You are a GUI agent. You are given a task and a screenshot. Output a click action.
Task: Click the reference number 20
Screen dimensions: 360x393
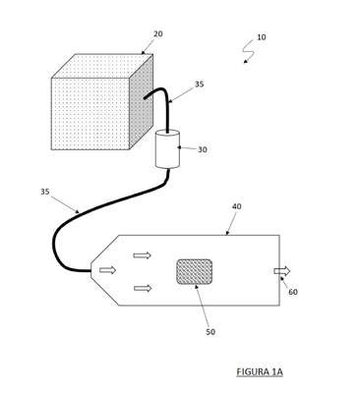[x=158, y=33]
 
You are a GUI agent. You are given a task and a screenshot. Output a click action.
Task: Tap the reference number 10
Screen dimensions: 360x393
[x=261, y=37]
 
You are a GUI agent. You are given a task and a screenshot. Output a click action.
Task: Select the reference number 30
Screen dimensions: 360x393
[x=203, y=149]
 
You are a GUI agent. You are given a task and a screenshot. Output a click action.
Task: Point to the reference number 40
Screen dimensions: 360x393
[x=237, y=206]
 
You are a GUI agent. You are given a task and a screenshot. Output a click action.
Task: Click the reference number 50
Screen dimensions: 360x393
[x=210, y=332]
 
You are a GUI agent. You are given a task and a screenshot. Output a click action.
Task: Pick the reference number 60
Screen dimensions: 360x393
[x=293, y=292]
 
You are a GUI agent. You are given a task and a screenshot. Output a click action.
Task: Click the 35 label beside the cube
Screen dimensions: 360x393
[x=199, y=84]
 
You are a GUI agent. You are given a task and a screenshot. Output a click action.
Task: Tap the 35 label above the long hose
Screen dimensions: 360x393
[x=45, y=192]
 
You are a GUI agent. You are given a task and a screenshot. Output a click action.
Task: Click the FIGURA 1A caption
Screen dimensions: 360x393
[x=260, y=372]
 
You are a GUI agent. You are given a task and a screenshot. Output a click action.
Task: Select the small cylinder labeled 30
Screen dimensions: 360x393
[x=167, y=149]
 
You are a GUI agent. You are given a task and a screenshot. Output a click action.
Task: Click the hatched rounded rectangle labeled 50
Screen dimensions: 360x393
[x=194, y=271]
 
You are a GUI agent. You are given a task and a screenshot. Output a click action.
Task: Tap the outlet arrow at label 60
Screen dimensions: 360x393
[x=282, y=271]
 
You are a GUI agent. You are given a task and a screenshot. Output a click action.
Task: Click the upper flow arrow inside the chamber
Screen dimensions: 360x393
[x=143, y=255]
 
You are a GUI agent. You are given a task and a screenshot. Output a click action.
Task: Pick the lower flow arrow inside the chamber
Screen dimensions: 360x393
[x=143, y=288]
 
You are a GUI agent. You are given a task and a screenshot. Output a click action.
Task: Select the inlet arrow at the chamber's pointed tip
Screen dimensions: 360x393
[x=108, y=270]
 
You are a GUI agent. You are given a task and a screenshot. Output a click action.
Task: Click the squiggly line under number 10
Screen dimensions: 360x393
[x=248, y=50]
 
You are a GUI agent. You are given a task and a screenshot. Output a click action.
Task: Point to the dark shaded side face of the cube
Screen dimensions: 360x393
[x=141, y=102]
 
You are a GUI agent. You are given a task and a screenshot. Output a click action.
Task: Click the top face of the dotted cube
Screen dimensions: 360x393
[x=102, y=66]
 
